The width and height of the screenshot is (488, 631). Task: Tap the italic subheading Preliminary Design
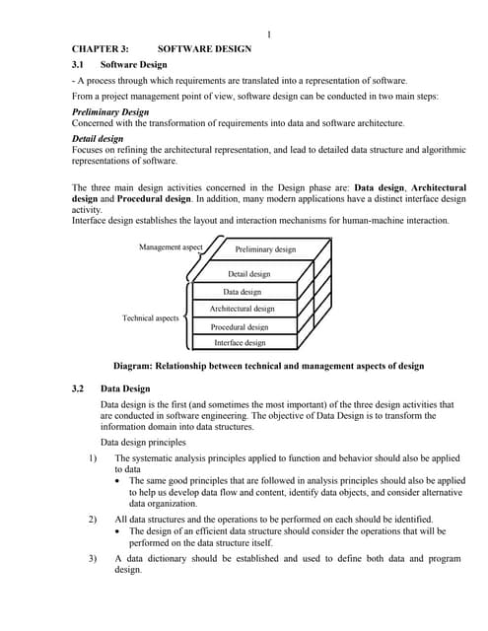tap(110, 112)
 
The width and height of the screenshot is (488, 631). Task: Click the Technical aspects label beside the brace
tap(150, 318)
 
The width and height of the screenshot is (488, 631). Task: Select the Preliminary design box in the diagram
tap(265, 249)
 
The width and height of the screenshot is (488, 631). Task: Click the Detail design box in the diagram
tap(248, 274)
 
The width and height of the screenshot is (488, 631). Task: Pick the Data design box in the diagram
tap(242, 292)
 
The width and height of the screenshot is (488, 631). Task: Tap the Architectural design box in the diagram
tap(242, 309)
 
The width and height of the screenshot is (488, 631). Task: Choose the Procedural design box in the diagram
tap(240, 326)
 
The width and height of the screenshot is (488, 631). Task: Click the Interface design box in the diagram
tap(240, 343)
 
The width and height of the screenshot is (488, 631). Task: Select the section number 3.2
tap(79, 389)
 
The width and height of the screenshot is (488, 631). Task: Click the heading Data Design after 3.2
tap(125, 389)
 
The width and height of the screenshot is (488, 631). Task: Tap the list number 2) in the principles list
tap(92, 518)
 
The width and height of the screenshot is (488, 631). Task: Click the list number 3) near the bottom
tap(92, 558)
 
